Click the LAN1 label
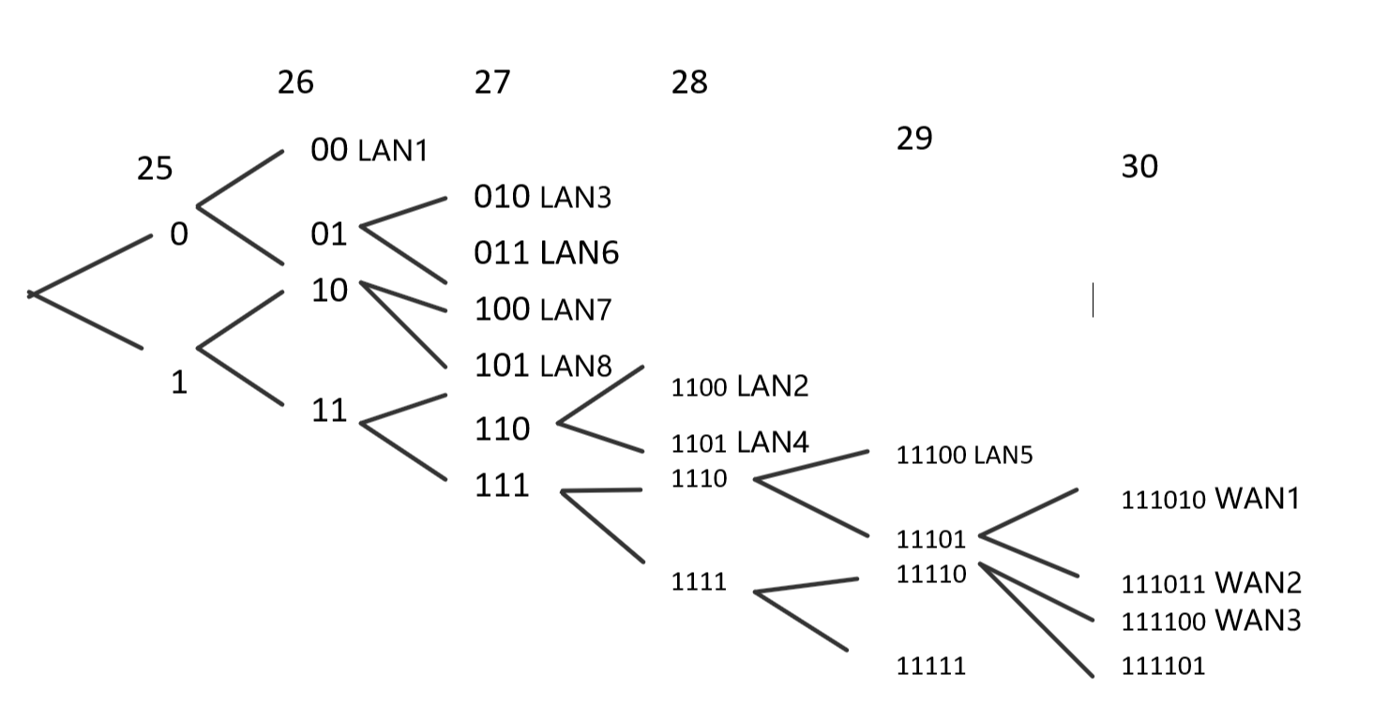point(393,151)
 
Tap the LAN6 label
point(579,253)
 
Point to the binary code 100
point(502,309)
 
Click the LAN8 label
point(576,367)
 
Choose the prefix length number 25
point(155,169)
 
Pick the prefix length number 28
point(689,83)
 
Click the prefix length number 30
point(1139,167)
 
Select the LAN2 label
point(772,385)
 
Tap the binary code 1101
point(699,443)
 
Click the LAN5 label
point(1003,456)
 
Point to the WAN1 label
point(1258,499)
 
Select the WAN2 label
point(1258,583)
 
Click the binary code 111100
point(1163,622)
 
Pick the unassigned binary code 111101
point(1163,667)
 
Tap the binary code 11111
point(930,667)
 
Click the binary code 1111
point(699,582)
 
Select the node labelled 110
point(502,429)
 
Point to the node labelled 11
point(329,411)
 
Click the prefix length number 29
point(914,139)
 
